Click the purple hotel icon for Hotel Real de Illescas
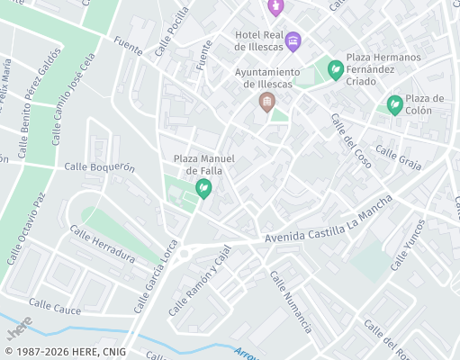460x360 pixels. click(293, 40)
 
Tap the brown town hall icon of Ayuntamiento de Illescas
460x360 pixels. click(266, 102)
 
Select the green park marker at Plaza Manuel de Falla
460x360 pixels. click(203, 188)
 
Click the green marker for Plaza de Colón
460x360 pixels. click(394, 105)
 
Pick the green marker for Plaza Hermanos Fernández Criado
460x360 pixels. click(336, 69)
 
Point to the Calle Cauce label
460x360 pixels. click(55, 307)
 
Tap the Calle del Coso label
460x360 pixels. click(350, 139)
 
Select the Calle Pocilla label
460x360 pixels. click(172, 31)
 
